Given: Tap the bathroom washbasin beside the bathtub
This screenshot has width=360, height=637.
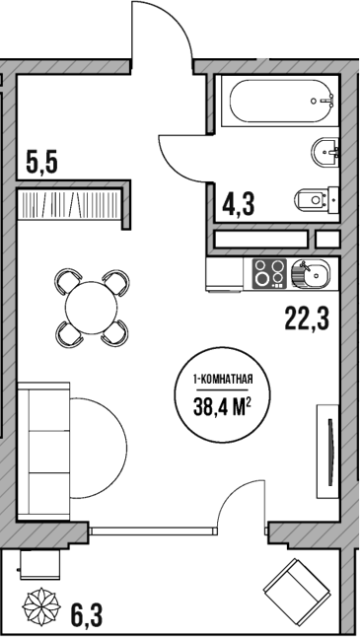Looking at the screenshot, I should [326, 152].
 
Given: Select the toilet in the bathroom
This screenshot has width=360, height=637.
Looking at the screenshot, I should [316, 200].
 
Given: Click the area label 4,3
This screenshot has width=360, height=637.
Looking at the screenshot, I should [240, 204].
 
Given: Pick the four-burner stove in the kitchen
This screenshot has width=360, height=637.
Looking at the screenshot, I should [269, 273].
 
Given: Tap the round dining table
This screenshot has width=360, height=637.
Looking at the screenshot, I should [90, 308].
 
